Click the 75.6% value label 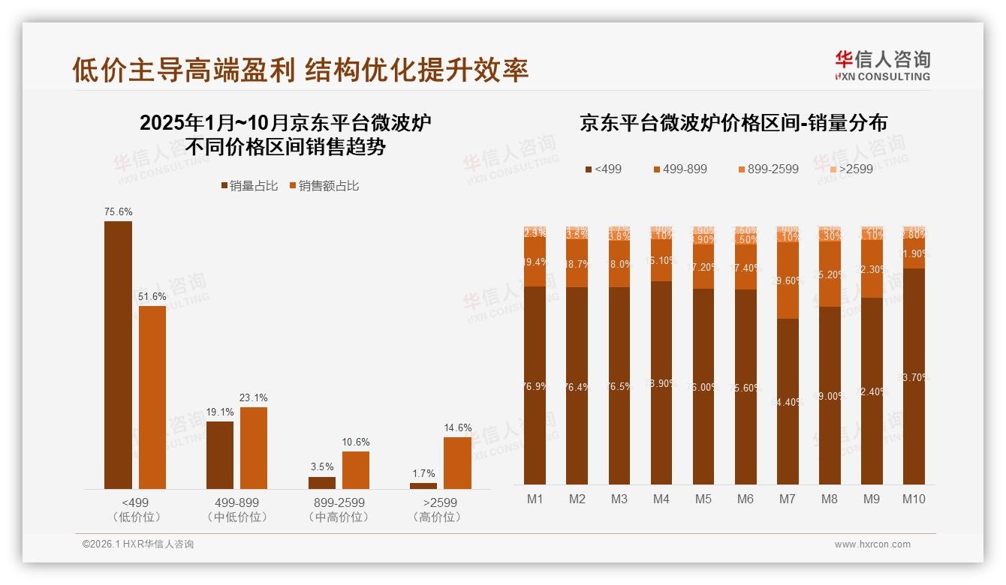click(118, 212)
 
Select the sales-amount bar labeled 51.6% click(152, 397)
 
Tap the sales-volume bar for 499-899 click(220, 455)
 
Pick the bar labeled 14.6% click(457, 463)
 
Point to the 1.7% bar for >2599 click(423, 486)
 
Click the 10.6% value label click(356, 442)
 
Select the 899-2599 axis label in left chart click(339, 502)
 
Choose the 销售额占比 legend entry click(324, 186)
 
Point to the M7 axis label click(787, 499)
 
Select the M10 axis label click(914, 499)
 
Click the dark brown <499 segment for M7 click(788, 401)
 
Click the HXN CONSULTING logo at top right click(883, 65)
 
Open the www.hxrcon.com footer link click(872, 544)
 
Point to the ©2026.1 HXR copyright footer click(138, 544)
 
